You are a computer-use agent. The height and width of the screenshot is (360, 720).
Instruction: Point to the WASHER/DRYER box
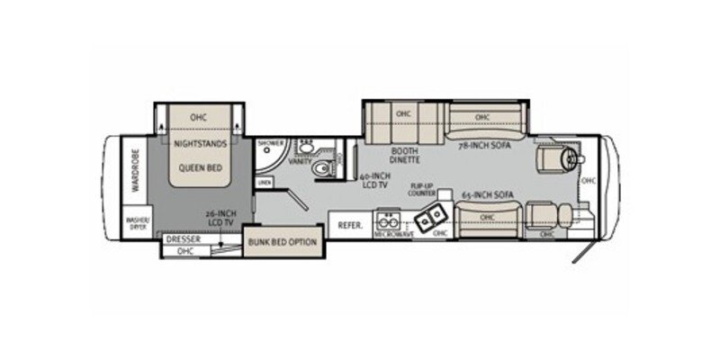(x=138, y=222)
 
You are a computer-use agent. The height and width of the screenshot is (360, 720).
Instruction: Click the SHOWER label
(x=270, y=143)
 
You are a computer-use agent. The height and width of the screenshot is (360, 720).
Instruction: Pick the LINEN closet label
(x=264, y=183)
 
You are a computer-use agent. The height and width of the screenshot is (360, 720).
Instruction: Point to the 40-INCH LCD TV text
(x=373, y=183)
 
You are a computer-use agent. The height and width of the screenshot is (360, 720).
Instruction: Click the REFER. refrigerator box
(x=351, y=225)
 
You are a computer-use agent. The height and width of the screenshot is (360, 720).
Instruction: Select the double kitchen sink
(x=427, y=216)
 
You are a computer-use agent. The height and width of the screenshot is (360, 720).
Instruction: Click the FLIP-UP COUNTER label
(x=422, y=192)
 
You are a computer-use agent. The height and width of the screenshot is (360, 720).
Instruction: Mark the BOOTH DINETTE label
(x=404, y=156)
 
